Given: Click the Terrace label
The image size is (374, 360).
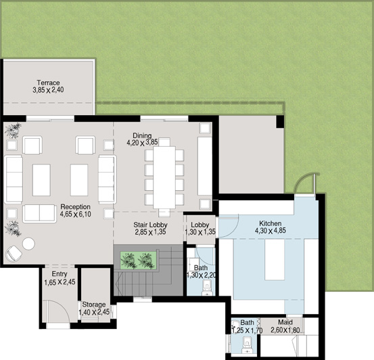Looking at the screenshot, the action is tap(48, 83).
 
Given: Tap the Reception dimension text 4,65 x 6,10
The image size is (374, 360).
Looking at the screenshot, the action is tap(75, 214).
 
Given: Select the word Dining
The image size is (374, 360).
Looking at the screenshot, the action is tap(142, 135).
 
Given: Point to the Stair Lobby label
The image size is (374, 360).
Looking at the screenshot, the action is tap(150, 225).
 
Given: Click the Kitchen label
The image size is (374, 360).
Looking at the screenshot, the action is tap(271, 223).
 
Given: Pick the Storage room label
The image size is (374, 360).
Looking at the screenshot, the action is tap(94, 305).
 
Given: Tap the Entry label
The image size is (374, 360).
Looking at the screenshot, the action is tap(60, 274).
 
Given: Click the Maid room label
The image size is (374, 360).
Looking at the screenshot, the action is tap(285, 322).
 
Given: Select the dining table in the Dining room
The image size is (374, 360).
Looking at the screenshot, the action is tap(164, 177).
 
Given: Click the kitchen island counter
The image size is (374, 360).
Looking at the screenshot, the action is tap(275, 259).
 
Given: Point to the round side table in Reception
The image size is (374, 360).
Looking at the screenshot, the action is tap(28, 244).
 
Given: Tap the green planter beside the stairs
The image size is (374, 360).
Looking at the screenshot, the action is tap(139, 261).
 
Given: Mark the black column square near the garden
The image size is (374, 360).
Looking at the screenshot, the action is tap(280, 122).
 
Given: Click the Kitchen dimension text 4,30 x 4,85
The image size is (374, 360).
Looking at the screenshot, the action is tap(271, 231).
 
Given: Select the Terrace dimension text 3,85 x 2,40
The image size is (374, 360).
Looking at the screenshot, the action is tap(48, 90).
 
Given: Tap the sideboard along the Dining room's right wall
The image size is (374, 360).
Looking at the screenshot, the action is tap(205, 166).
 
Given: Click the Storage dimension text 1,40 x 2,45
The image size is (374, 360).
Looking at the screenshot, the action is tap(94, 312).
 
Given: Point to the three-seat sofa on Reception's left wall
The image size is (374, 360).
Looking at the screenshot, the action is tap(14, 179).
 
